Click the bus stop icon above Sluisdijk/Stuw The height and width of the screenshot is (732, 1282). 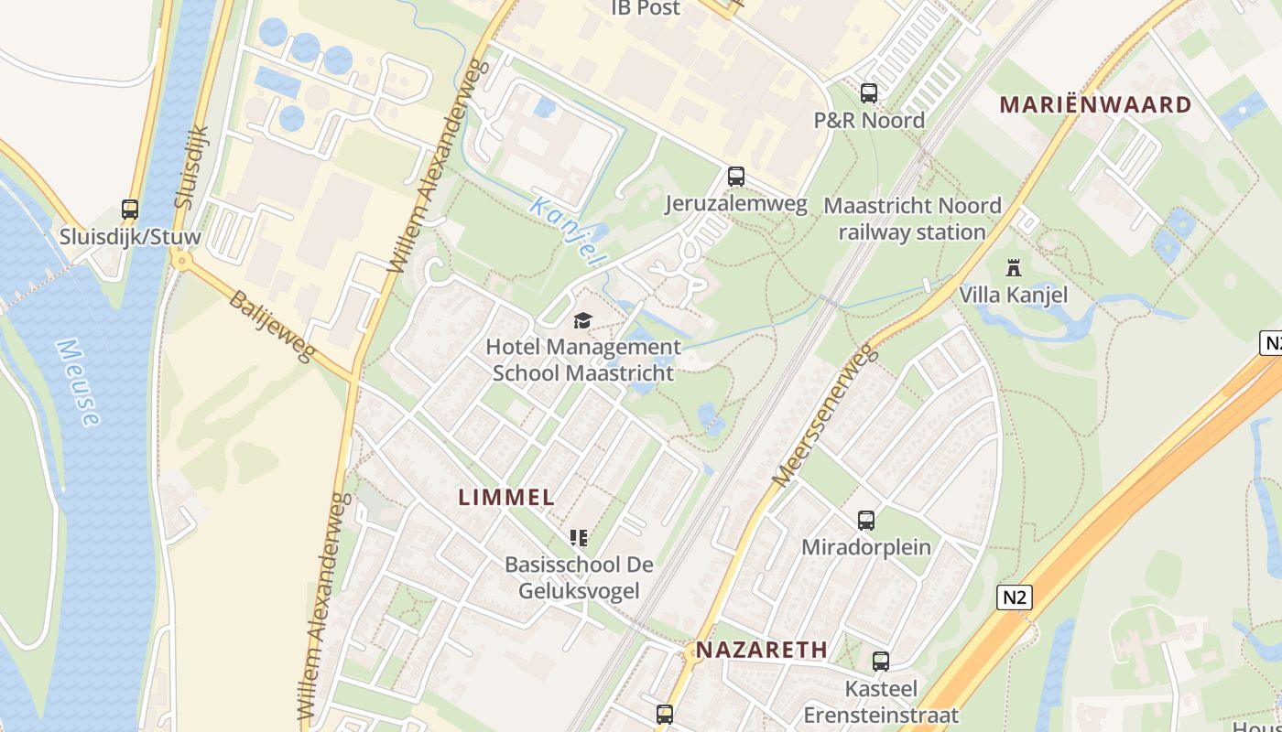coord(130,210)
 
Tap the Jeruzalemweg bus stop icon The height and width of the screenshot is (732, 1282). coord(736,177)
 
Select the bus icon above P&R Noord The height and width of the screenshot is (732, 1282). coord(869,93)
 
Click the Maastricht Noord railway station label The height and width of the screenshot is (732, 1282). coord(912,219)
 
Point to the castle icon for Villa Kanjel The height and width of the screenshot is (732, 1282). coord(1013,268)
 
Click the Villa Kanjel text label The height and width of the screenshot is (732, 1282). coord(1014,295)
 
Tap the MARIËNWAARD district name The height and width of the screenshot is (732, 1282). coord(1095,104)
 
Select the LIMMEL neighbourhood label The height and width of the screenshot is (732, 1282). coord(506,498)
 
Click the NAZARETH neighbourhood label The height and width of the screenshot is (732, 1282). coord(762,650)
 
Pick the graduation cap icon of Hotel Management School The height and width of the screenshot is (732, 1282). coord(582,320)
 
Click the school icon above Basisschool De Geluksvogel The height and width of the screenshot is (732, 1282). coord(578,537)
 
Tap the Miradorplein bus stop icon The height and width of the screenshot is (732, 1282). coord(866,521)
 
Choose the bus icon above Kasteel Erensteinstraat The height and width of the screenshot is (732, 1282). coord(881,661)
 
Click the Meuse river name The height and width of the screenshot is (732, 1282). coord(77,382)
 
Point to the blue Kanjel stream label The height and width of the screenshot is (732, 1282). coord(568,231)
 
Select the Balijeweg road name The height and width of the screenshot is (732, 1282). coord(271,326)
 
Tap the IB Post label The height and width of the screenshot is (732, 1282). coord(646,8)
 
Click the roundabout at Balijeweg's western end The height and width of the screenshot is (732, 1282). coord(181,261)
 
